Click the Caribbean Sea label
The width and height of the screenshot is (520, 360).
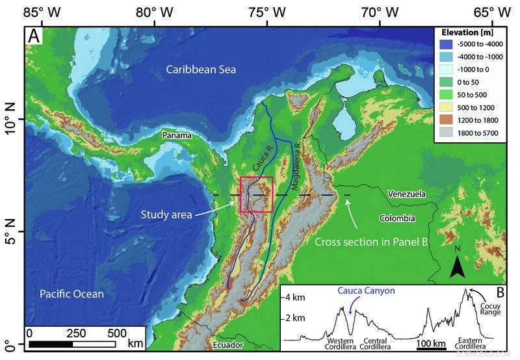point(200,70)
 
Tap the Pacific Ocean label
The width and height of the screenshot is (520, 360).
point(71,294)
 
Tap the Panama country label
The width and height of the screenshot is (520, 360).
point(177,136)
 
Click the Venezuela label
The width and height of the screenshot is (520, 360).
point(406,194)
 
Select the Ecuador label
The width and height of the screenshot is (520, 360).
point(227,344)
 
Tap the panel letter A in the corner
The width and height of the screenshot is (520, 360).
point(34,36)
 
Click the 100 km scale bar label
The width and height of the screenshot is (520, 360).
point(430,342)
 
